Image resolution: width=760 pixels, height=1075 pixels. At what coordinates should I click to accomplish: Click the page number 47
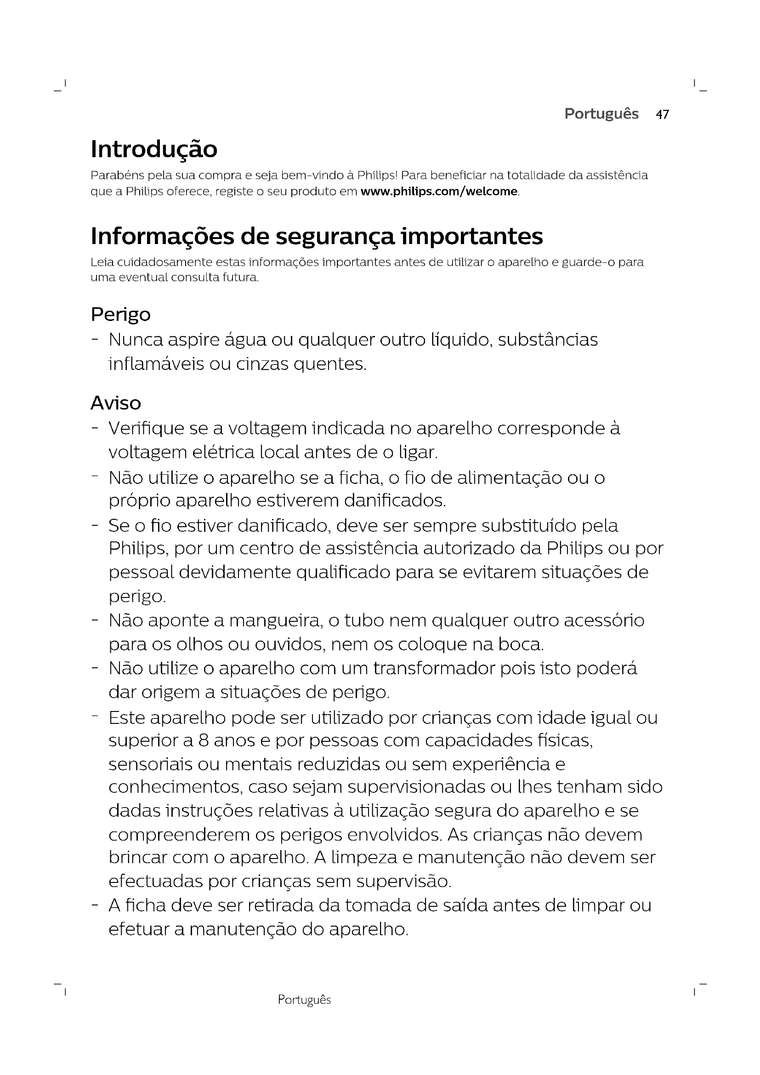[x=662, y=114]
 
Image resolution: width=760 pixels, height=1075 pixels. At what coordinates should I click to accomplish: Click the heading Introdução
[x=154, y=149]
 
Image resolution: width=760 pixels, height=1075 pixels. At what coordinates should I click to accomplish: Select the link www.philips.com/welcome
[x=439, y=192]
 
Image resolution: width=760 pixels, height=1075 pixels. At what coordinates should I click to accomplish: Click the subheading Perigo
[x=121, y=315]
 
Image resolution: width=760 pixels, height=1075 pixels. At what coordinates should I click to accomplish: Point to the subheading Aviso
[x=116, y=403]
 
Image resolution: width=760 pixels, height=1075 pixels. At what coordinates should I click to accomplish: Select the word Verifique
[x=146, y=428]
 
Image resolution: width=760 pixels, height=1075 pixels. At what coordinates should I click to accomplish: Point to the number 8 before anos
[x=203, y=740]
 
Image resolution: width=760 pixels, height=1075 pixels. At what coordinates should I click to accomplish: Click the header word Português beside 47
[x=601, y=114]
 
